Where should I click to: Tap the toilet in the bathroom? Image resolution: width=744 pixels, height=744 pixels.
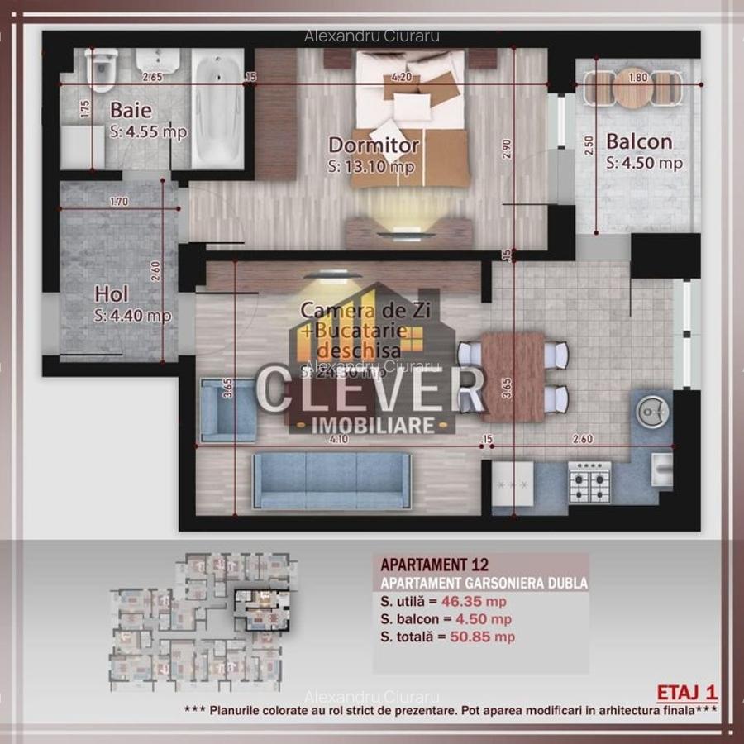coord(102,70)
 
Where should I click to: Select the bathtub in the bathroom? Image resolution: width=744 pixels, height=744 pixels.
coord(217,107)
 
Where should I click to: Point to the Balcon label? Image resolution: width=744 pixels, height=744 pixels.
coord(638,141)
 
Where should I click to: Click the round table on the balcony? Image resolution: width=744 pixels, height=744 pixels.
coord(633,88)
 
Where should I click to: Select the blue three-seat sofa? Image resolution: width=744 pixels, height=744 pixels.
coord(331,480)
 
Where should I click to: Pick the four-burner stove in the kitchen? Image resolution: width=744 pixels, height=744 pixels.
coord(589,484)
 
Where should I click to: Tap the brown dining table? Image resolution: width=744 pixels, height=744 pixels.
coord(513,376)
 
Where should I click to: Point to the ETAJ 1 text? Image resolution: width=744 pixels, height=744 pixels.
coord(686,691)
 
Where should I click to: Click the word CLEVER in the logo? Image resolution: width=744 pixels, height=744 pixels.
coord(370,393)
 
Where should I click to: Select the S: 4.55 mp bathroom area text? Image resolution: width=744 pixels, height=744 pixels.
coord(148,131)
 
